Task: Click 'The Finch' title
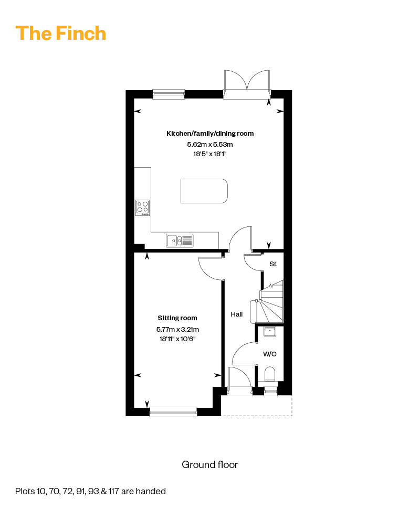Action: click(61, 33)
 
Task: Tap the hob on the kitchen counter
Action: click(143, 208)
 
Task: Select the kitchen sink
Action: click(180, 241)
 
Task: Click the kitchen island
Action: click(204, 191)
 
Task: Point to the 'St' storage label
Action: click(273, 264)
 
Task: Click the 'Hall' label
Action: click(237, 314)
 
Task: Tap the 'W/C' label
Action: click(270, 354)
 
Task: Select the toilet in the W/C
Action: click(270, 375)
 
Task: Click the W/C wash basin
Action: click(270, 332)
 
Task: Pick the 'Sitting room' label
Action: click(177, 318)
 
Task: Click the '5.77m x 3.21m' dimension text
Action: click(177, 330)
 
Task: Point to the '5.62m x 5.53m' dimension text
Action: click(210, 144)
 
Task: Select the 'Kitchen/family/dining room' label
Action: click(210, 133)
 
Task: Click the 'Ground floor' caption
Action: click(210, 464)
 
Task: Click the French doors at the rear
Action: click(247, 84)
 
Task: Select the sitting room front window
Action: click(173, 411)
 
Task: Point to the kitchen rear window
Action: click(169, 94)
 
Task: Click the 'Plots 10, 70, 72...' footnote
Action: click(90, 491)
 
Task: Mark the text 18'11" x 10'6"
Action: click(177, 339)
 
